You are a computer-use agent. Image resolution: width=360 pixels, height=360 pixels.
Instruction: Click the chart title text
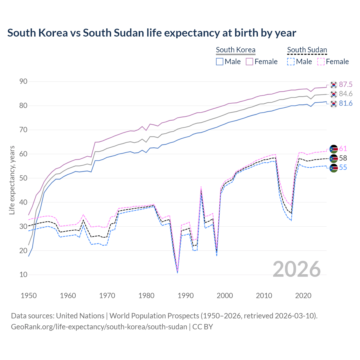click(152, 33)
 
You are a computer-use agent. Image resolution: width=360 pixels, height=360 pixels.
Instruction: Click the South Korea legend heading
click(236, 50)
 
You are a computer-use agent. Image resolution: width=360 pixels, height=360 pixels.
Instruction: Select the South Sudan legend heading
click(307, 50)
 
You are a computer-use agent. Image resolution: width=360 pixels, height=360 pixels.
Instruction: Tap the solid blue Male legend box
click(220, 62)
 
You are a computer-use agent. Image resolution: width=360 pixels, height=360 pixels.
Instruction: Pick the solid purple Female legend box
click(250, 62)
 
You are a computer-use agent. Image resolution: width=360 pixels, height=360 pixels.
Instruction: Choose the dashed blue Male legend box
click(291, 62)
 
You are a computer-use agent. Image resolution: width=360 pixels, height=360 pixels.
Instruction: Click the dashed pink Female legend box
click(321, 62)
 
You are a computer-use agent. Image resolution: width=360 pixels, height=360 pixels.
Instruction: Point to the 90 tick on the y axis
click(23, 82)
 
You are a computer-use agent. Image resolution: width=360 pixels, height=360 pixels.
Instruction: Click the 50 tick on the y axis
click(23, 178)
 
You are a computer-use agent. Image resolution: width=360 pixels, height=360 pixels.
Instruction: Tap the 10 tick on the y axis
click(23, 275)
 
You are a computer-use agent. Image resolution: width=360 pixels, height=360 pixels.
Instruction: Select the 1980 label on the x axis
click(147, 296)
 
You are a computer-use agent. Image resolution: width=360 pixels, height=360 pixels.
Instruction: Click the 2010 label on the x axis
click(264, 296)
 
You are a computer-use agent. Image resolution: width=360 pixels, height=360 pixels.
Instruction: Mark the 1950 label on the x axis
click(29, 296)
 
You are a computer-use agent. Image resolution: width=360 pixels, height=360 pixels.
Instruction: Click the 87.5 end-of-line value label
click(346, 84)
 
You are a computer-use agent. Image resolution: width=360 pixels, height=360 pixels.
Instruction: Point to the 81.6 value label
click(346, 103)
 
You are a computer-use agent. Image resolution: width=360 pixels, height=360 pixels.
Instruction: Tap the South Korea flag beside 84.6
click(334, 94)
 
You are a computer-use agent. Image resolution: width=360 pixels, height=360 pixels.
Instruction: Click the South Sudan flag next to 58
click(334, 158)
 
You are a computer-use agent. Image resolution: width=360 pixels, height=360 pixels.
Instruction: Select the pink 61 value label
click(343, 149)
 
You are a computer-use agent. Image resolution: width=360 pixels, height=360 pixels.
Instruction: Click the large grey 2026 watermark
click(297, 269)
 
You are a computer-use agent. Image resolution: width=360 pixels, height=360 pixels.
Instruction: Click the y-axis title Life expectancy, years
click(12, 180)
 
